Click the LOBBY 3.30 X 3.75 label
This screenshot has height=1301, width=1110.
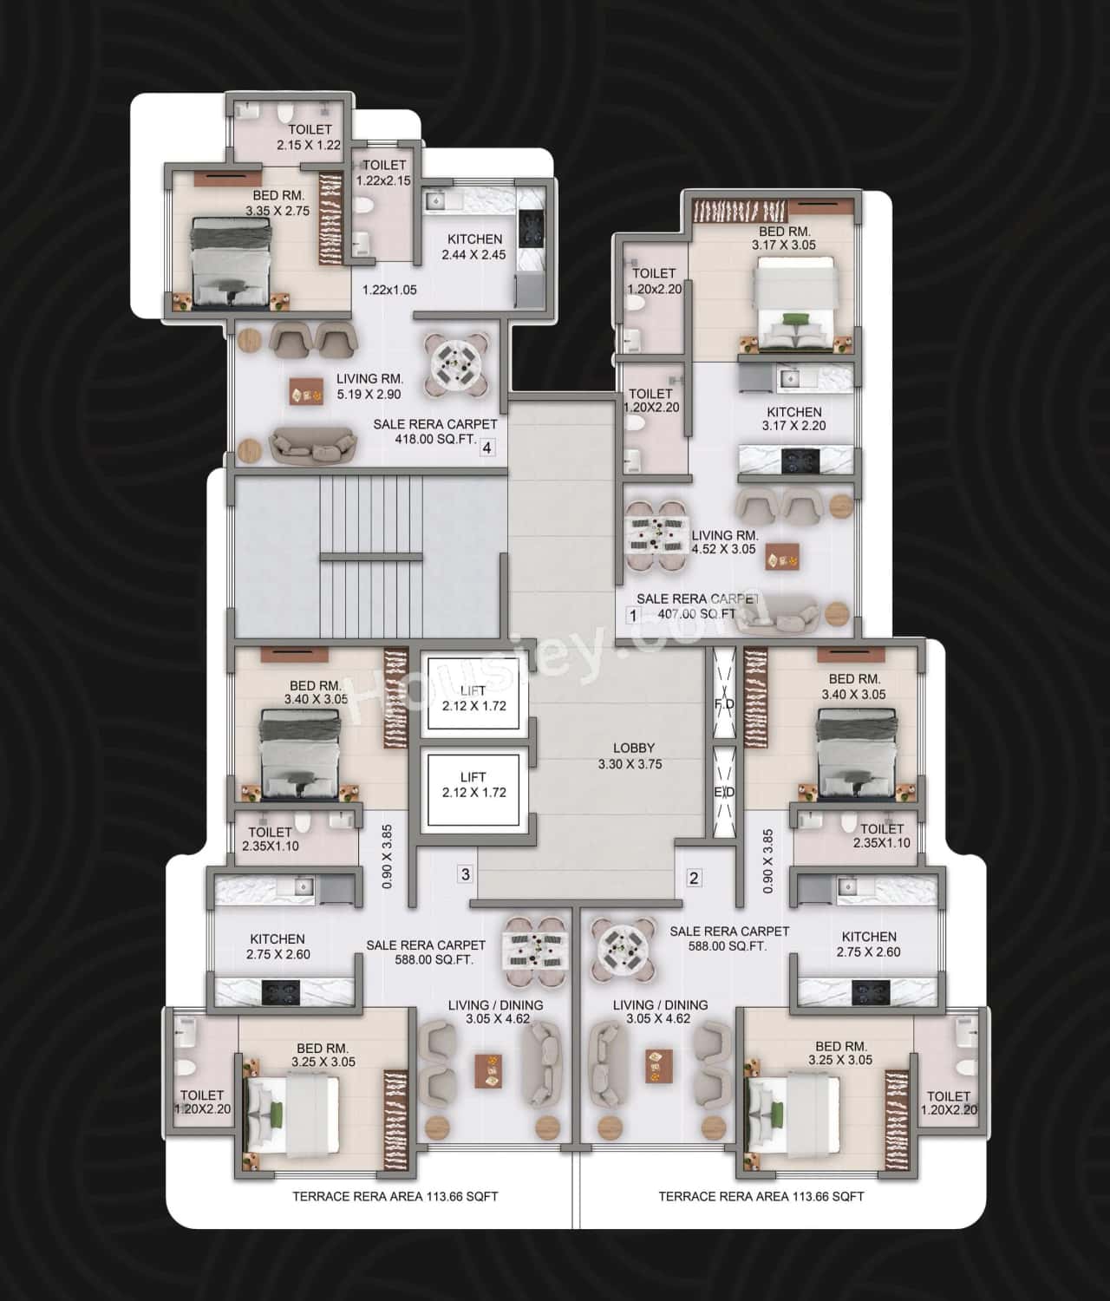click(x=633, y=756)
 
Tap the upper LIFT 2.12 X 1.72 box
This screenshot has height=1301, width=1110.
click(x=473, y=699)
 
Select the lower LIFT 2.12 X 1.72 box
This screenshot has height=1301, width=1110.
click(x=473, y=785)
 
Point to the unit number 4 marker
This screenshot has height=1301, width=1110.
click(x=487, y=448)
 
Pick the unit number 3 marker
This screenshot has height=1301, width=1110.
click(x=466, y=874)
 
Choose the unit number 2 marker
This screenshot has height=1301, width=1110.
click(x=694, y=878)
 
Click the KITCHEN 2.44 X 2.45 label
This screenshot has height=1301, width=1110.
click(x=474, y=246)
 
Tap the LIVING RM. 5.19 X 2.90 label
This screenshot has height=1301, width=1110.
click(x=369, y=386)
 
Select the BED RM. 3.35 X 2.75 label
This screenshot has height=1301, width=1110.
click(x=277, y=203)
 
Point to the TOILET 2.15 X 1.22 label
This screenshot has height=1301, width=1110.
click(x=310, y=138)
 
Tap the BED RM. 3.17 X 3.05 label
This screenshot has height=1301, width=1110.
click(x=784, y=239)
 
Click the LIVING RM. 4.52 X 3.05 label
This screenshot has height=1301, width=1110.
click(x=724, y=542)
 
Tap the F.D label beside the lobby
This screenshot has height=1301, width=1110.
click(x=724, y=705)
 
